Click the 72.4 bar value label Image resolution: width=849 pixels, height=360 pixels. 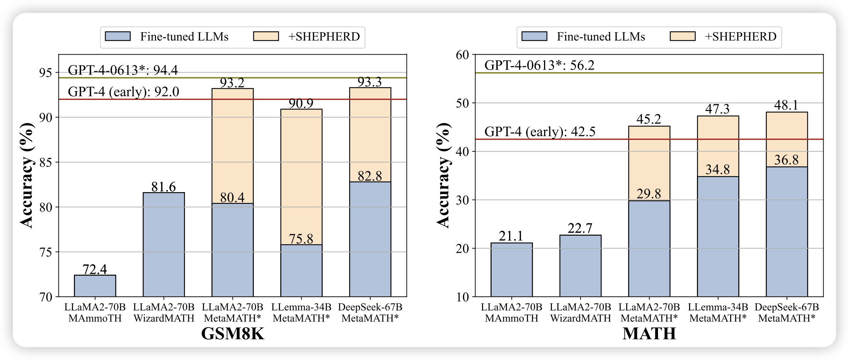point(95,269)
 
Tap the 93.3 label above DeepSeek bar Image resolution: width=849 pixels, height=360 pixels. point(370,82)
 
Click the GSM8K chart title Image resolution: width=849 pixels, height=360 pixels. point(233,334)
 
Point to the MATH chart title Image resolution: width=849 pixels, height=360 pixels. point(649,334)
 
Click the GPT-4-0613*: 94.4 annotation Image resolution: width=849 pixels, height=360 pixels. point(122,70)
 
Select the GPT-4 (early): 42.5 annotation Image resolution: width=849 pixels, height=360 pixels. point(539,132)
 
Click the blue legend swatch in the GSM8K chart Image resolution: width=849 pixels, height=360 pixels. point(117,36)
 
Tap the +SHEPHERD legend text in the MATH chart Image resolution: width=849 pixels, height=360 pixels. point(740,37)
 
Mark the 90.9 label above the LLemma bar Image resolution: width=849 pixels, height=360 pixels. point(301,104)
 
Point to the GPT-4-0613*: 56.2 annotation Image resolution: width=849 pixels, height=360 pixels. point(539,65)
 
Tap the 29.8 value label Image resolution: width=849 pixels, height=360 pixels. point(649,194)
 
